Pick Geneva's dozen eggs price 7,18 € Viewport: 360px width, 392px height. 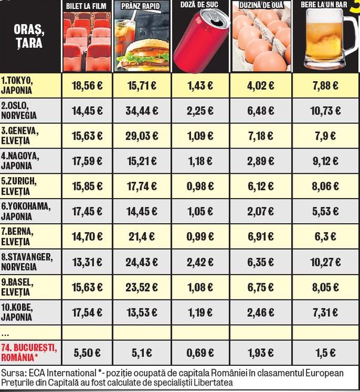[x=259, y=137]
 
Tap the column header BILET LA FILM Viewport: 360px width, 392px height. [x=87, y=5]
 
